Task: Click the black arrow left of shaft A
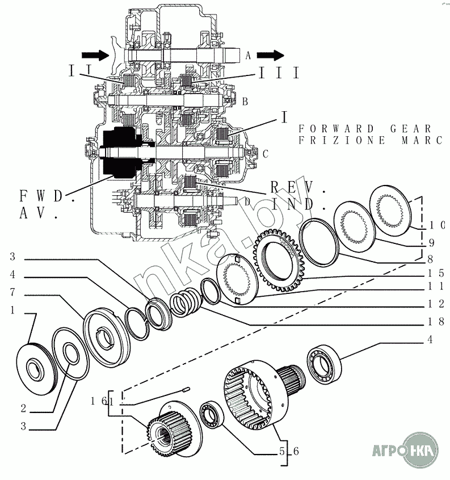tap(95, 55)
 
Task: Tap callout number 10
tap(439, 224)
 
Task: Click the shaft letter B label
tap(245, 102)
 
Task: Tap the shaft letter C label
tap(264, 153)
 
